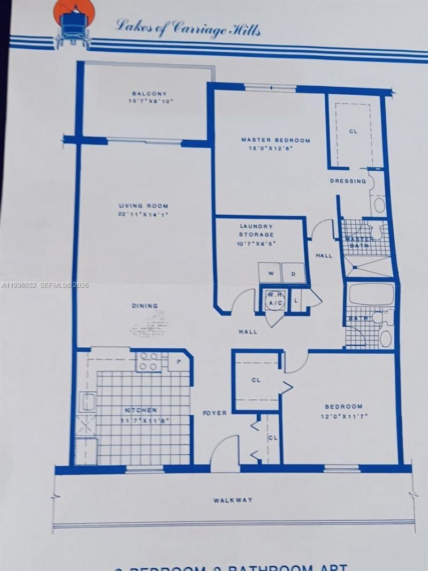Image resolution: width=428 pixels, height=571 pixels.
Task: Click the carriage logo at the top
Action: click(74, 22)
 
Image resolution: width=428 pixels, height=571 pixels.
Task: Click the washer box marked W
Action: click(270, 273)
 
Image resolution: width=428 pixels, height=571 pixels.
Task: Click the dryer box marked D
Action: click(294, 273)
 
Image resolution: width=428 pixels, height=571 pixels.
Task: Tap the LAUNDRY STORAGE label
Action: click(257, 230)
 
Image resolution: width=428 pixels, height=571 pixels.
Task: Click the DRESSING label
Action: click(347, 181)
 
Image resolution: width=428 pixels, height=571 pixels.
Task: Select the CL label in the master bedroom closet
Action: click(353, 131)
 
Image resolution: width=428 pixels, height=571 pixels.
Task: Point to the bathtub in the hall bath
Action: click(371, 294)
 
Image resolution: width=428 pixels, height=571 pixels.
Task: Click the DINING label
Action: click(145, 306)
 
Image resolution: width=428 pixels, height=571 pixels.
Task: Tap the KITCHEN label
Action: click(141, 410)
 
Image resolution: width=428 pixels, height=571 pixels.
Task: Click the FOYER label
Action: click(215, 413)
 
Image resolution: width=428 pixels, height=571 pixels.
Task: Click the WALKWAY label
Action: click(233, 500)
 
